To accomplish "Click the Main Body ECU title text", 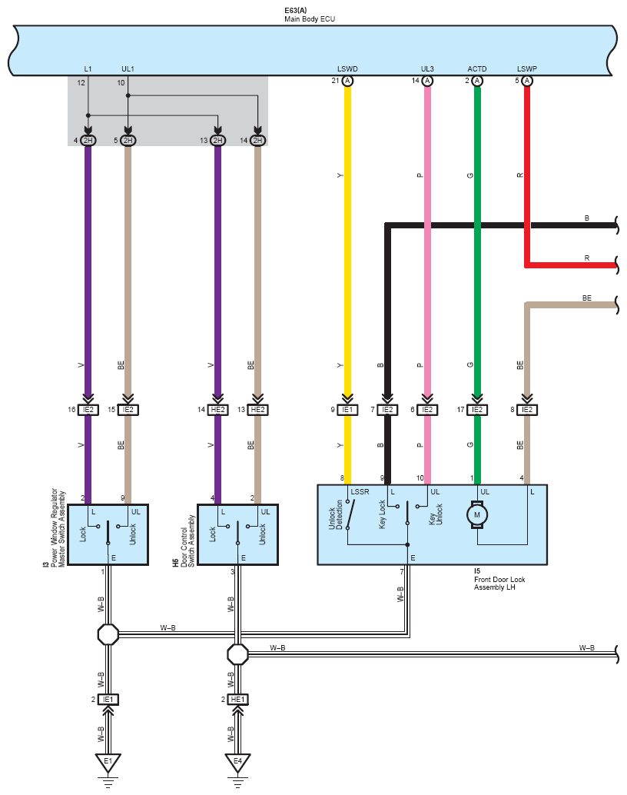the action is [x=309, y=19].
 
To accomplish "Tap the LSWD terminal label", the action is [x=347, y=69].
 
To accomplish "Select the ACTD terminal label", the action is [x=477, y=69].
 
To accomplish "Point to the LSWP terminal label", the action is [x=526, y=69].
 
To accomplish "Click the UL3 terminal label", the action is [x=427, y=69].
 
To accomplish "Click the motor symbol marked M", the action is [x=476, y=514].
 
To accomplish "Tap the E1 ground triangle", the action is [x=108, y=762].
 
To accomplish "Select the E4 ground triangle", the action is [x=237, y=762].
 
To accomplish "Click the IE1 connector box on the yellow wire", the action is [x=347, y=410].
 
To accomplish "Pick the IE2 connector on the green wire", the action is [x=477, y=410].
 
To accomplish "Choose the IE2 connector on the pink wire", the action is [x=427, y=410].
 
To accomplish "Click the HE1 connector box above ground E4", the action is [x=237, y=700].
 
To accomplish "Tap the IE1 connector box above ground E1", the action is [x=108, y=700].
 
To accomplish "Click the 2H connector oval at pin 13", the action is [x=217, y=141].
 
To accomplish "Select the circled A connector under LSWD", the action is [x=347, y=81].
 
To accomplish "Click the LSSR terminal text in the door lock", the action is [x=360, y=492].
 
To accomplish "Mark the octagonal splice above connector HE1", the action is [x=237, y=654].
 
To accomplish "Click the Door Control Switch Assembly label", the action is [x=187, y=541].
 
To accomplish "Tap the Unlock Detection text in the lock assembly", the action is [x=336, y=514].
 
